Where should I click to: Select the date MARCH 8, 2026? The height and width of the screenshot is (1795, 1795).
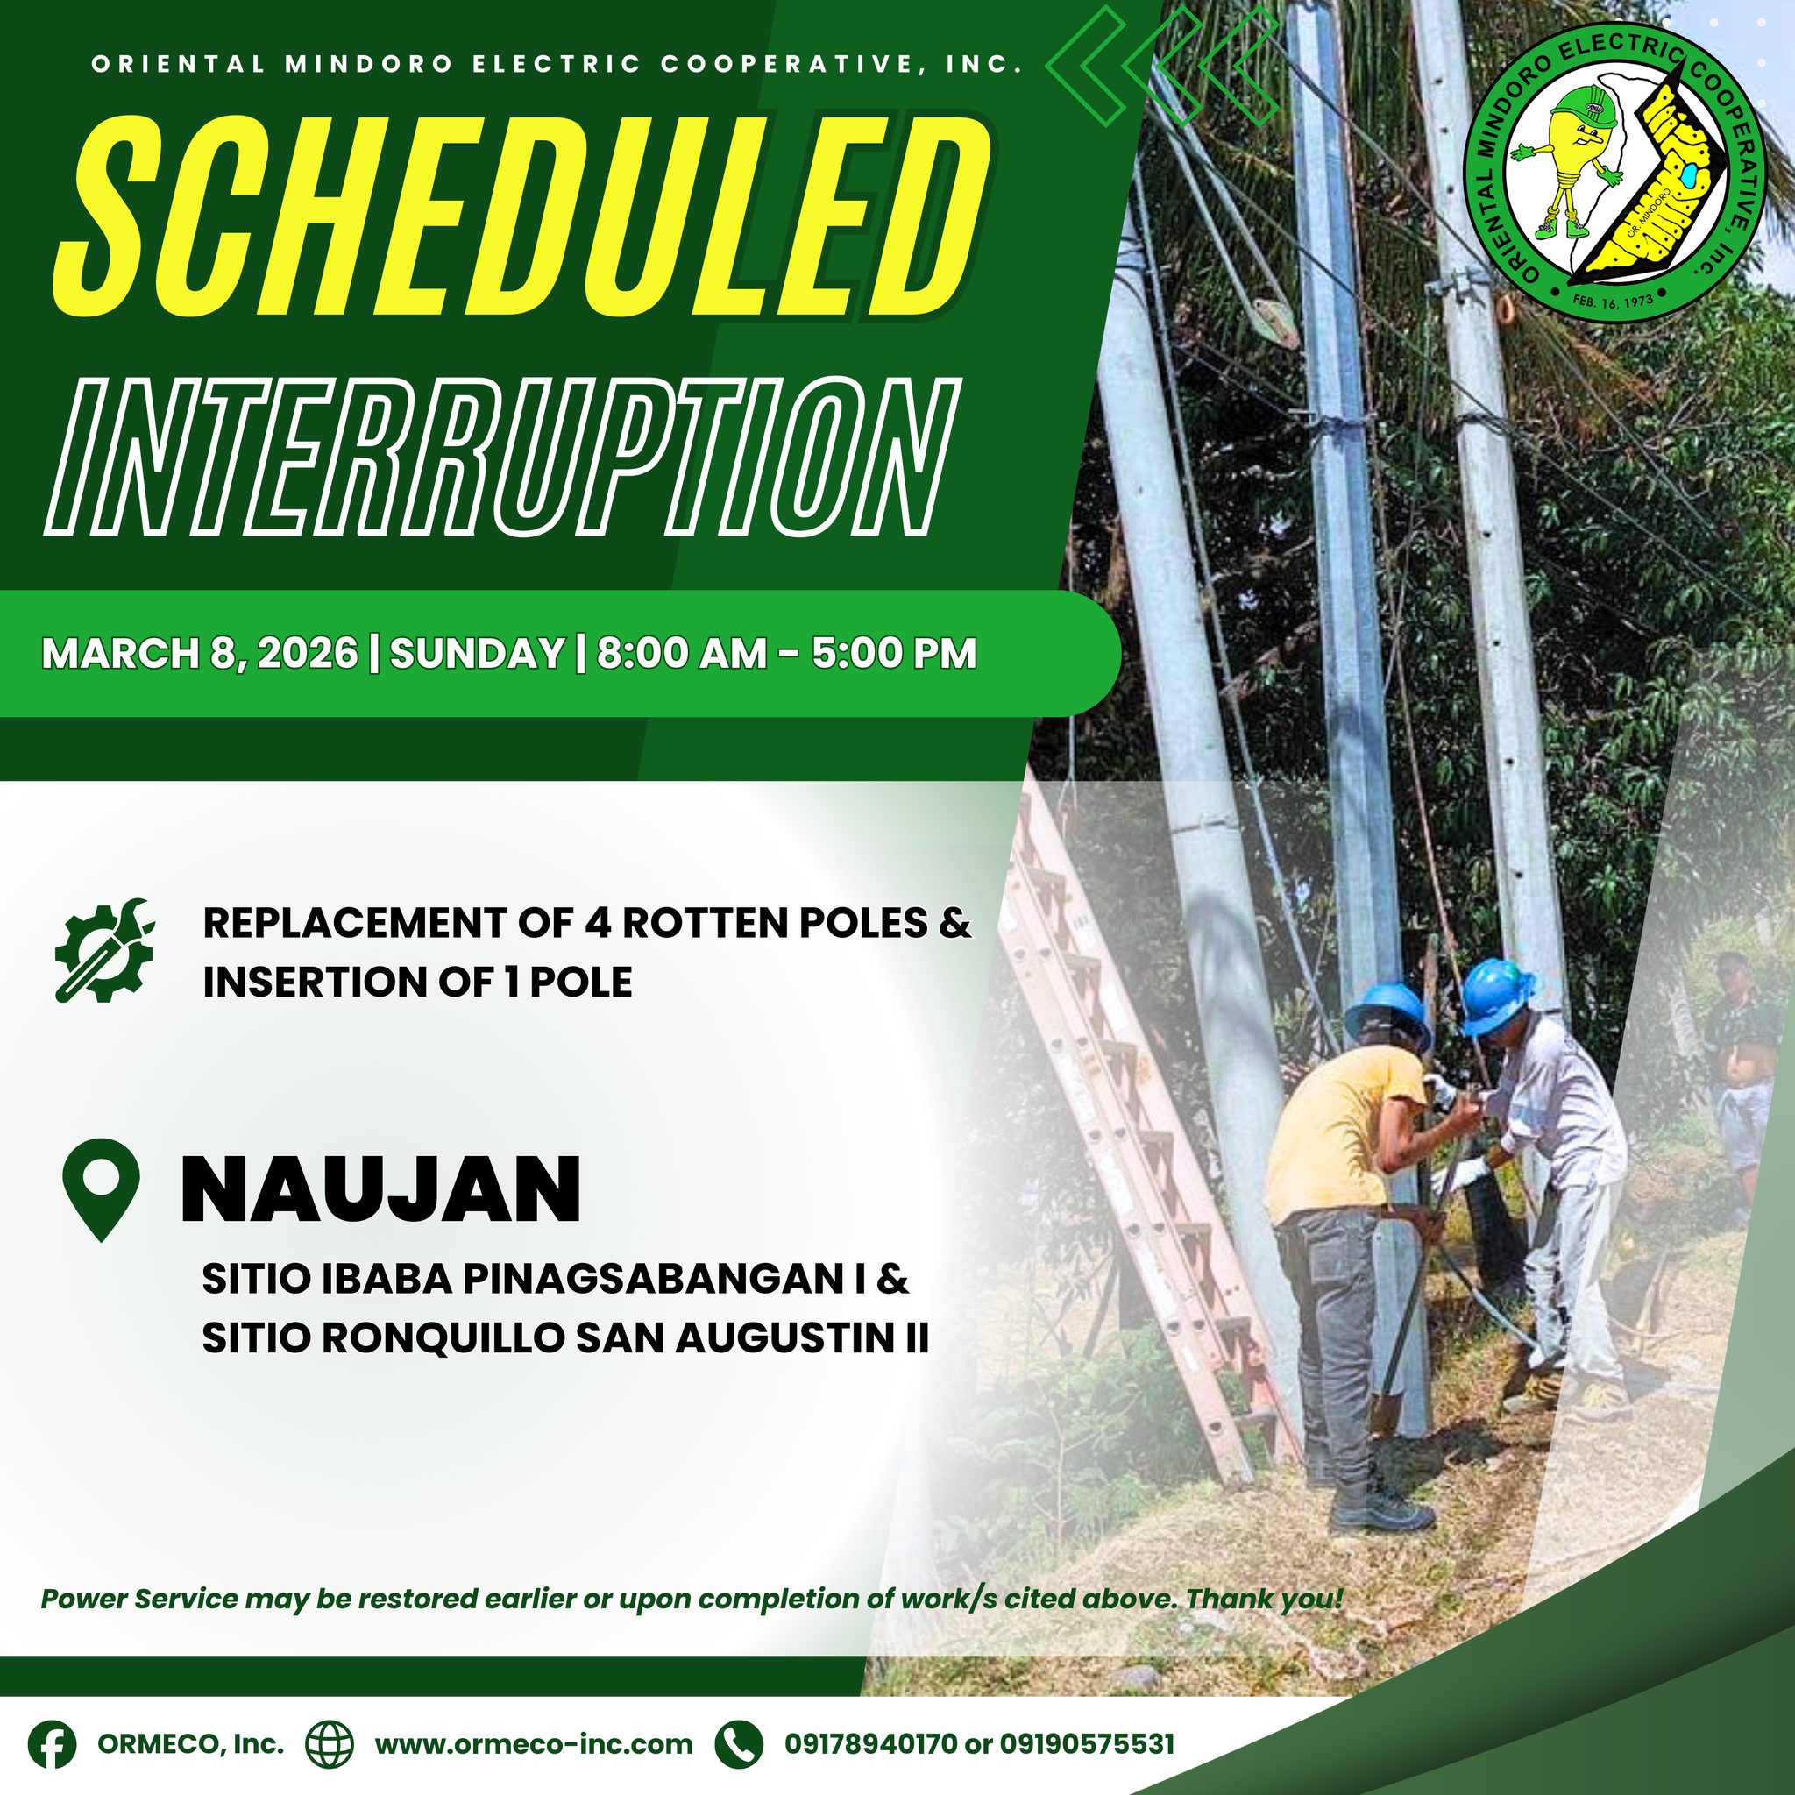pos(200,654)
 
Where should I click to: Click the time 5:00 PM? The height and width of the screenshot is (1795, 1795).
pos(894,653)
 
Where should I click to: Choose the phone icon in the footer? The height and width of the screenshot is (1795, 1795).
pos(739,1743)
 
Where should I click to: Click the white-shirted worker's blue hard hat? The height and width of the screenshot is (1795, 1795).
pos(1497,995)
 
